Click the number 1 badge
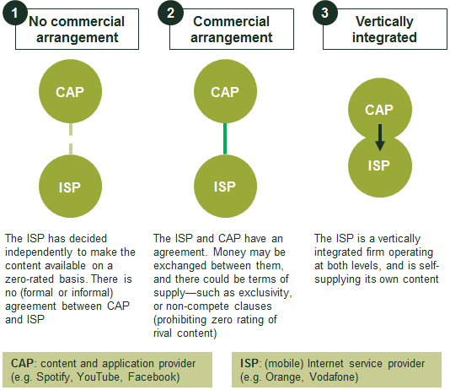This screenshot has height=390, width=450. pyautogui.click(x=15, y=13)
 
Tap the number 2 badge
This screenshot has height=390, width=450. pyautogui.click(x=170, y=13)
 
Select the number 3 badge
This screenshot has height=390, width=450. pyautogui.click(x=325, y=13)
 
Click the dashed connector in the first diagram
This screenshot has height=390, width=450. pyautogui.click(x=71, y=139)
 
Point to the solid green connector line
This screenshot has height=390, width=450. pyautogui.click(x=225, y=139)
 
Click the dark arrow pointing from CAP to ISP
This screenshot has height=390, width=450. pyautogui.click(x=380, y=138)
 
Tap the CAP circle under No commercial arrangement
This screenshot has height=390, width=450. pyautogui.click(x=70, y=91)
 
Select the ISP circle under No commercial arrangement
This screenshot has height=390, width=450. pyautogui.click(x=70, y=187)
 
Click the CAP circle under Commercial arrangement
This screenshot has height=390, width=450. pyautogui.click(x=225, y=91)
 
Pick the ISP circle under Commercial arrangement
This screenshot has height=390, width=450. pyautogui.click(x=225, y=187)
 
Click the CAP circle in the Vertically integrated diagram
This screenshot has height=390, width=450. pyautogui.click(x=380, y=109)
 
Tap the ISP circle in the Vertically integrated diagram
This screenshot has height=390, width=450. pyautogui.click(x=380, y=166)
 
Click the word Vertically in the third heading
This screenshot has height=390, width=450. pyautogui.click(x=384, y=22)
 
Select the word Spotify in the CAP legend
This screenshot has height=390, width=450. pyautogui.click(x=53, y=376)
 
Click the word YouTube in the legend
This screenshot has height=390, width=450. pyautogui.click(x=98, y=376)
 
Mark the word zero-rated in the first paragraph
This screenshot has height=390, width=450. pyautogui.click(x=29, y=279)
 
